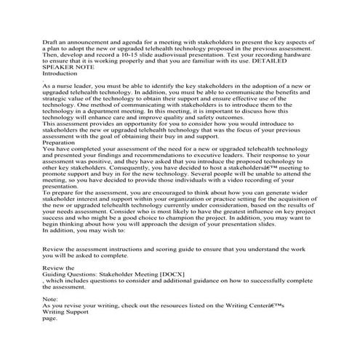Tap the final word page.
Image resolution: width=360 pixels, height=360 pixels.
(x=49, y=348)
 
